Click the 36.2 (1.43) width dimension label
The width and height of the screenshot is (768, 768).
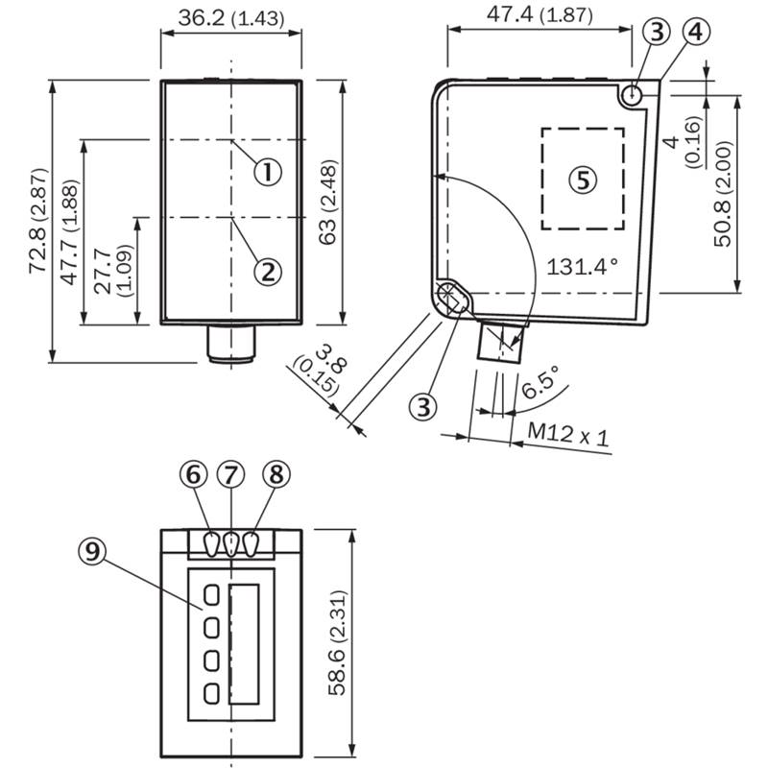(x=231, y=18)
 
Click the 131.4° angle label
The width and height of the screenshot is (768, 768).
(x=583, y=268)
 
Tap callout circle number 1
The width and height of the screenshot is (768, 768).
(x=269, y=172)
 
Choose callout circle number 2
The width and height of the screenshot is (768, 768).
(x=269, y=272)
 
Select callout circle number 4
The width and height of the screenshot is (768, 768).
(x=696, y=32)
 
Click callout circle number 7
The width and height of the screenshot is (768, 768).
(x=230, y=474)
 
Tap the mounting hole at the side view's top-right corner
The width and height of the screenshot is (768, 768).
(x=633, y=94)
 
